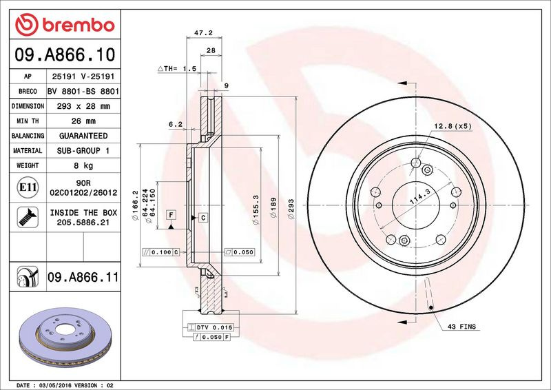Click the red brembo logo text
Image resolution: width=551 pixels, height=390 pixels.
[x=79, y=25]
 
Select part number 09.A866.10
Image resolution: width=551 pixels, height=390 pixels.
[x=65, y=55]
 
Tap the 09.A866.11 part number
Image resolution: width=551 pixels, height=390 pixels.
[x=83, y=277]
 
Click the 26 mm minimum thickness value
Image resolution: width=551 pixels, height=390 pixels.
[x=83, y=121]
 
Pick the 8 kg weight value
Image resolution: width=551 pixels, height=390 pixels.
[x=83, y=165]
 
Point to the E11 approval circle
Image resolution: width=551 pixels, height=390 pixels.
[x=28, y=187]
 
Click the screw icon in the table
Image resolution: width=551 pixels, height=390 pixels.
[x=28, y=217]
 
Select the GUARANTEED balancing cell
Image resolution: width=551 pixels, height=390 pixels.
[x=83, y=136]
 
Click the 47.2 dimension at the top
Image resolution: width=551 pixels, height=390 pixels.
[x=203, y=32]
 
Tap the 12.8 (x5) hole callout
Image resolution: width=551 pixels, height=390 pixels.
[x=453, y=126]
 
